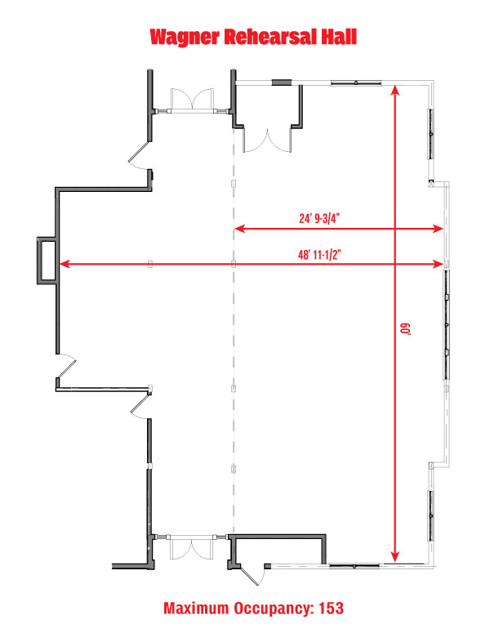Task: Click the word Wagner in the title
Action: coord(185,37)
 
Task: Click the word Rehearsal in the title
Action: coord(269,36)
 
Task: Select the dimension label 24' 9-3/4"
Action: coord(319,218)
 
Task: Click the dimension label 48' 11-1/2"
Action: coord(319,255)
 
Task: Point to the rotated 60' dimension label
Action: coord(405,328)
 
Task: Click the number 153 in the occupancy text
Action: coord(332,608)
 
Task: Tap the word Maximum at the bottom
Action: coord(196,608)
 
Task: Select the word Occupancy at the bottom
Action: coord(274,608)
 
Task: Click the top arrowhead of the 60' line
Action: coord(395,90)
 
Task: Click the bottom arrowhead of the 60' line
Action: coord(395,555)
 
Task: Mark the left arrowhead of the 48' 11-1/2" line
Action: coord(65,264)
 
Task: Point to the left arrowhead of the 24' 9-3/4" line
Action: coord(240,229)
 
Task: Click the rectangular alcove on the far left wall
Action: coord(47,261)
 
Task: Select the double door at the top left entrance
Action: coord(192,100)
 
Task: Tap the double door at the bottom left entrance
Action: coord(191,548)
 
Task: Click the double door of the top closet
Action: coord(267,140)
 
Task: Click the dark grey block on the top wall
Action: coord(281,82)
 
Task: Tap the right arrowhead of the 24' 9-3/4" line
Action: coord(438,229)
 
